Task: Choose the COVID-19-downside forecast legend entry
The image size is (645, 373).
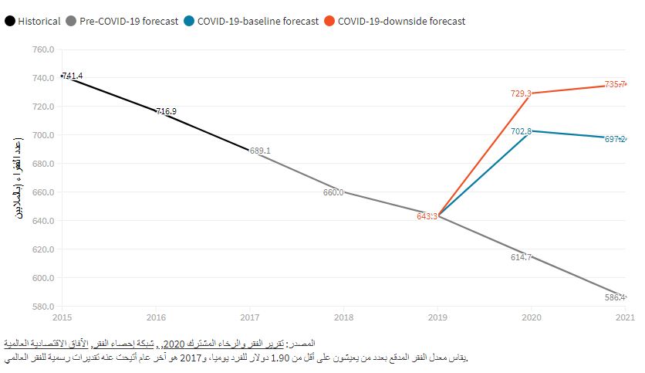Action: point(401,21)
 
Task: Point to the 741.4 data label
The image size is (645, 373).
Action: point(72,76)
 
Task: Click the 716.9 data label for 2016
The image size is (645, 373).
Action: point(166,111)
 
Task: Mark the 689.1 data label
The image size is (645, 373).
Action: point(260,151)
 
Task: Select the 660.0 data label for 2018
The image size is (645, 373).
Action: point(333,193)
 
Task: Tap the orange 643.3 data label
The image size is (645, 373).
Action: point(427,216)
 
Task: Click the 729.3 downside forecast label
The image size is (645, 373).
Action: point(521,93)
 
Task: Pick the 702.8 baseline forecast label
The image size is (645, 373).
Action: point(521,131)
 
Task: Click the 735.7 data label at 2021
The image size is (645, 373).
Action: point(615,85)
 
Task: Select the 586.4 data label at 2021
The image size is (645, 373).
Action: point(615,297)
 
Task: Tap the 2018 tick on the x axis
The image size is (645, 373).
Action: point(343,317)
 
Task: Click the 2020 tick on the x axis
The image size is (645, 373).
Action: point(531,317)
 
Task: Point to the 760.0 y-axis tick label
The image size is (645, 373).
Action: point(43,49)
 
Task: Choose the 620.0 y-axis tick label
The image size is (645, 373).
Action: point(43,249)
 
